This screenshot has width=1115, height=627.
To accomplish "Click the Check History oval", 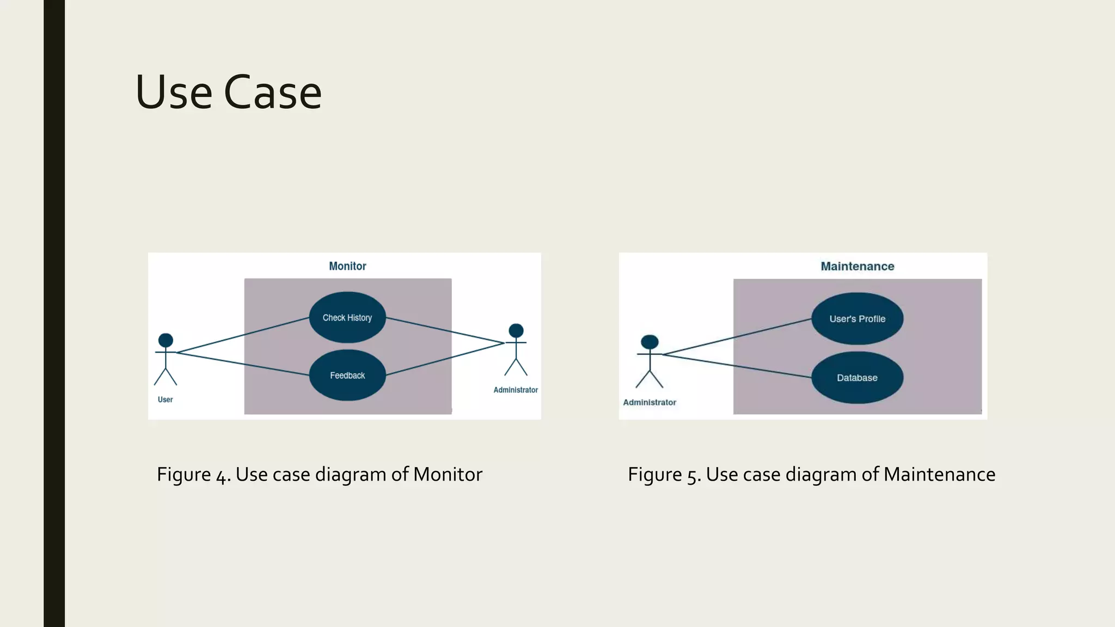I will click(x=347, y=317).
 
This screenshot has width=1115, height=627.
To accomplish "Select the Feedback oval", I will click(x=347, y=376).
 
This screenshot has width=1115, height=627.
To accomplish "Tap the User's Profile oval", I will click(x=857, y=319).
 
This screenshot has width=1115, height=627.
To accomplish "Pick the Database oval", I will click(x=857, y=378).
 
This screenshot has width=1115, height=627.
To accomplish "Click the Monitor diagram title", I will click(x=347, y=266).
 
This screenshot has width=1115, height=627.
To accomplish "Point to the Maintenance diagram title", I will click(x=857, y=266).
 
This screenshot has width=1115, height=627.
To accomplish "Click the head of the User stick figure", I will click(x=166, y=341).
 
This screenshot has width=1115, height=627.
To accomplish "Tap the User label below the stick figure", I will click(x=165, y=399).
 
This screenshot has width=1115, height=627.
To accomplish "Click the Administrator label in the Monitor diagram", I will click(x=515, y=390).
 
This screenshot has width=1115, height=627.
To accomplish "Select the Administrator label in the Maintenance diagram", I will click(x=649, y=402).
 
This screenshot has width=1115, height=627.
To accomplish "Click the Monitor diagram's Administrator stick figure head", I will click(x=516, y=330).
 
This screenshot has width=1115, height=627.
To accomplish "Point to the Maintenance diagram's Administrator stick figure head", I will click(x=650, y=342).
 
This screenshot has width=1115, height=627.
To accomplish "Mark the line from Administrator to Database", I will click(x=735, y=366).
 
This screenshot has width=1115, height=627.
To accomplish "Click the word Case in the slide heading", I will click(x=272, y=93).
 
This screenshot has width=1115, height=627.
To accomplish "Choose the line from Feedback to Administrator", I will click(x=445, y=359).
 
